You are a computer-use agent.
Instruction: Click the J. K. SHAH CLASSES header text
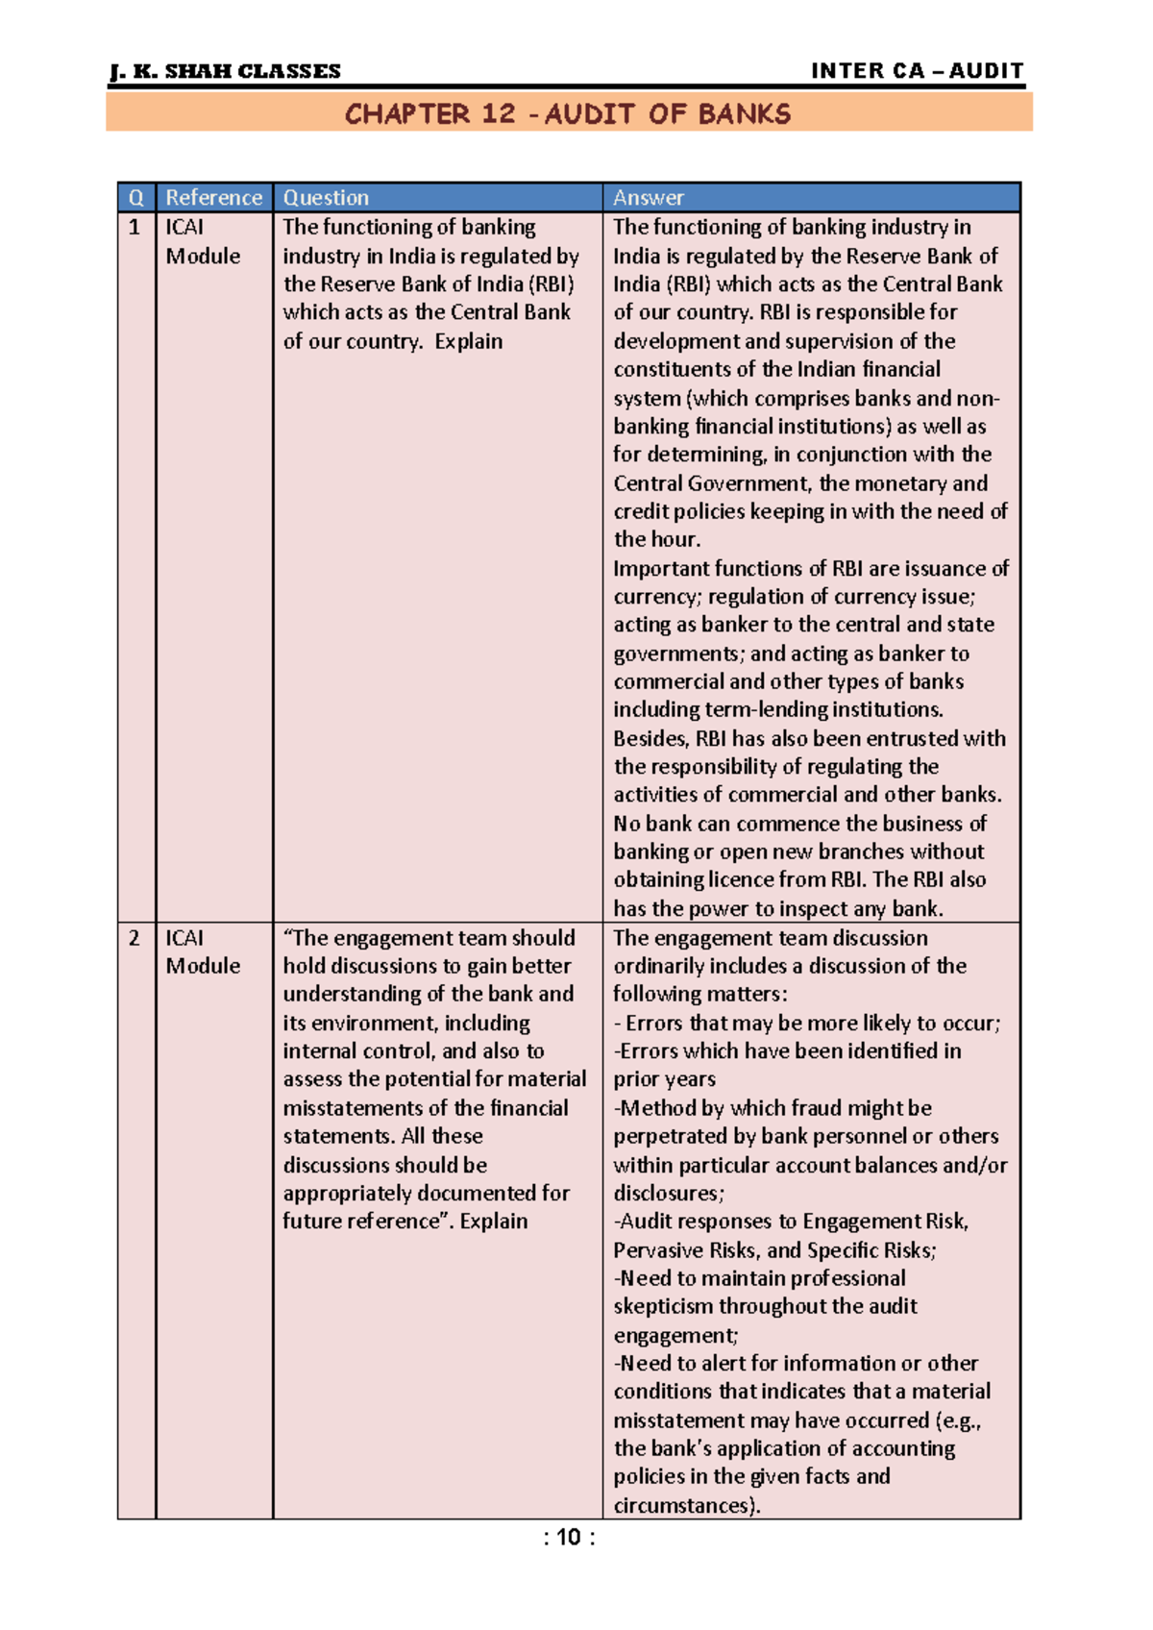point(226,72)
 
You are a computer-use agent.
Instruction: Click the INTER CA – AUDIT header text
point(918,71)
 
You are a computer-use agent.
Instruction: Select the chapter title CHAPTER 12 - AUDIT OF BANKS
point(568,114)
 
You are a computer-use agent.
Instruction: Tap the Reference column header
point(213,198)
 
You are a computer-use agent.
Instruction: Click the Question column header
point(326,198)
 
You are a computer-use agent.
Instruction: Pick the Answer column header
point(649,198)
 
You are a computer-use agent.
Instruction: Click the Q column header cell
point(135,198)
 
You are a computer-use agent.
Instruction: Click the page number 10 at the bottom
point(569,1538)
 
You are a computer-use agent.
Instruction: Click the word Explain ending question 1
point(468,341)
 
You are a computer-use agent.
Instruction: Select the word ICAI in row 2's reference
point(184,938)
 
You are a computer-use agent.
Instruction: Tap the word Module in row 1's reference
point(203,257)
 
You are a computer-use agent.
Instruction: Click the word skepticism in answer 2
point(663,1307)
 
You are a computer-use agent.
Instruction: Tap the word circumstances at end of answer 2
point(684,1506)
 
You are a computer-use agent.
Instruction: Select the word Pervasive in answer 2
point(657,1250)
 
